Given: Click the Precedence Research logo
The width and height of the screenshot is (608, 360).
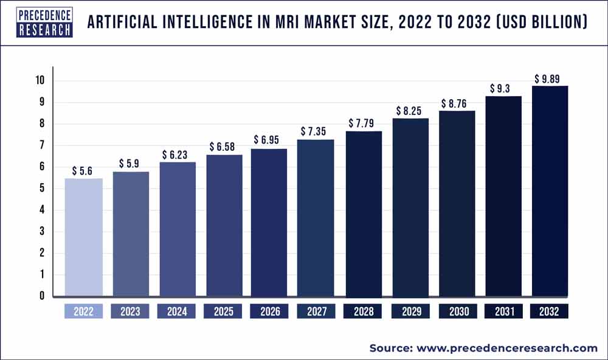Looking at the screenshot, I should (x=37, y=22).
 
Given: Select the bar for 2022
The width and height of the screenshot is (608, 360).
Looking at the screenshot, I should (x=83, y=237).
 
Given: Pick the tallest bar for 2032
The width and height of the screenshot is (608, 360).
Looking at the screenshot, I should (x=550, y=191).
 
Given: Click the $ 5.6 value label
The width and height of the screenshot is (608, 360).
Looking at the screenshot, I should (x=83, y=171).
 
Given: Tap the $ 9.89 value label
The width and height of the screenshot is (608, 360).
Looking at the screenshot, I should (x=550, y=78).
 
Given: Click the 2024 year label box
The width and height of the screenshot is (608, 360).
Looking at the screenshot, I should (x=177, y=311).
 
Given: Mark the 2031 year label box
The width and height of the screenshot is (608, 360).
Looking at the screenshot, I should (x=503, y=311).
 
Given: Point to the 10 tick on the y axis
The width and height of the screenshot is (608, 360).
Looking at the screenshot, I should (x=40, y=81).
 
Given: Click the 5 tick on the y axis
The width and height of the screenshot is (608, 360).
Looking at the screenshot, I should (x=41, y=189).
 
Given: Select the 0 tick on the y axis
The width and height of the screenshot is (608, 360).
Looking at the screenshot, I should (x=41, y=296).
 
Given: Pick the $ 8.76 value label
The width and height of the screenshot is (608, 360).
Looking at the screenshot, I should (x=457, y=104).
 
